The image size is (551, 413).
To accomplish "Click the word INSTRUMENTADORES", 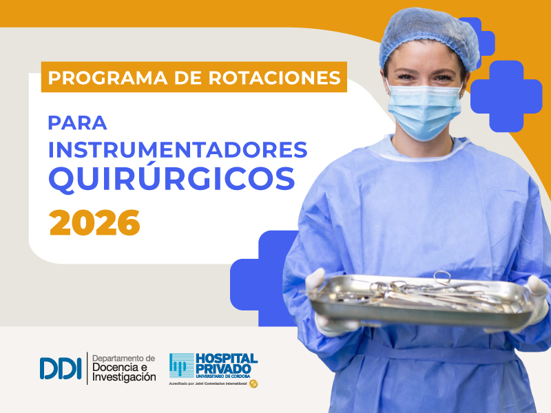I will click(x=178, y=150).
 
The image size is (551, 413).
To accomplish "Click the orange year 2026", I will click(x=94, y=222).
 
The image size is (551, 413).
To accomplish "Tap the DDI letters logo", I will click(x=61, y=368).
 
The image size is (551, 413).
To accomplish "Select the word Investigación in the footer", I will click(x=124, y=378).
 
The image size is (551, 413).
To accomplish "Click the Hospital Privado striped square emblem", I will click(x=182, y=365).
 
